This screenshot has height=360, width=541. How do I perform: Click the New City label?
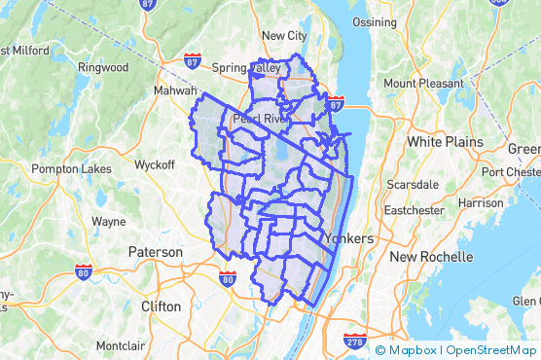coord(284,36)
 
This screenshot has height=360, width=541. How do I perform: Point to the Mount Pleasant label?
coord(423,84)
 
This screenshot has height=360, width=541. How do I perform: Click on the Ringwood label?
coord(104,67)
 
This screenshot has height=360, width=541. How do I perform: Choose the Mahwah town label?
coord(173,90)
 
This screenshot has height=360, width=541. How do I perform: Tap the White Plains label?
coord(445,142)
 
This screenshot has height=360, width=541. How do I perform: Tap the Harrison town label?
coord(481,203)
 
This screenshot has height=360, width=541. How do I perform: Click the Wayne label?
coord(108,221)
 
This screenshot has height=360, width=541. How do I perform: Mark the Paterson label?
coord(155,252)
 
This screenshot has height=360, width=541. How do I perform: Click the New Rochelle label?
coord(431,257)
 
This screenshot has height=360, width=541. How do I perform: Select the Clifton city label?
coord(161,306)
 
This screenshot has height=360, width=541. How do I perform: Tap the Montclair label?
coord(121,345)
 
